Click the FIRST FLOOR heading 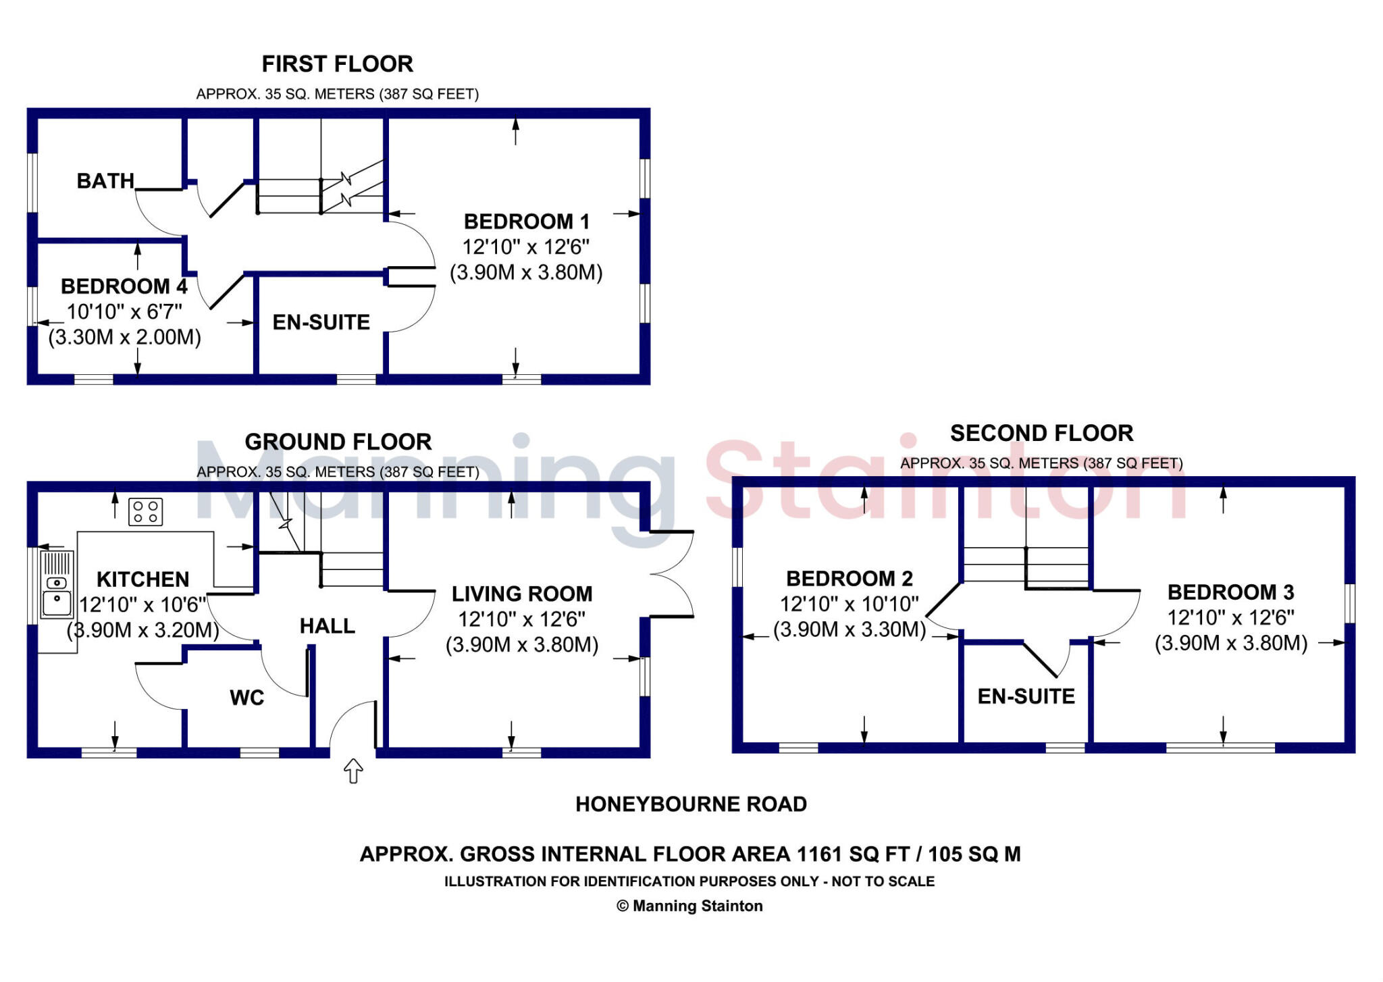(x=337, y=64)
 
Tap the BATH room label (x=105, y=181)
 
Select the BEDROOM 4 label (x=124, y=286)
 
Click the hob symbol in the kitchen (x=145, y=511)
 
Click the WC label (x=247, y=698)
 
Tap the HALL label (x=328, y=626)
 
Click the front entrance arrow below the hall (x=354, y=771)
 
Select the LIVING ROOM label (x=522, y=594)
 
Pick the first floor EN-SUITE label (x=321, y=322)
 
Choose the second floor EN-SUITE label (x=1026, y=696)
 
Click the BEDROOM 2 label (x=850, y=579)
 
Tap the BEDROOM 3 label (x=1231, y=592)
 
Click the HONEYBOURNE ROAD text (x=691, y=804)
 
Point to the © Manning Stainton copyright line (x=689, y=906)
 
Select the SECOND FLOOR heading (x=1041, y=433)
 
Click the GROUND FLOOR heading (x=338, y=442)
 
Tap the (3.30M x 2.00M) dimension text (x=125, y=337)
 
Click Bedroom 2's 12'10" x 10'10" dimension (x=850, y=604)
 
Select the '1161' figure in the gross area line (x=820, y=854)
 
